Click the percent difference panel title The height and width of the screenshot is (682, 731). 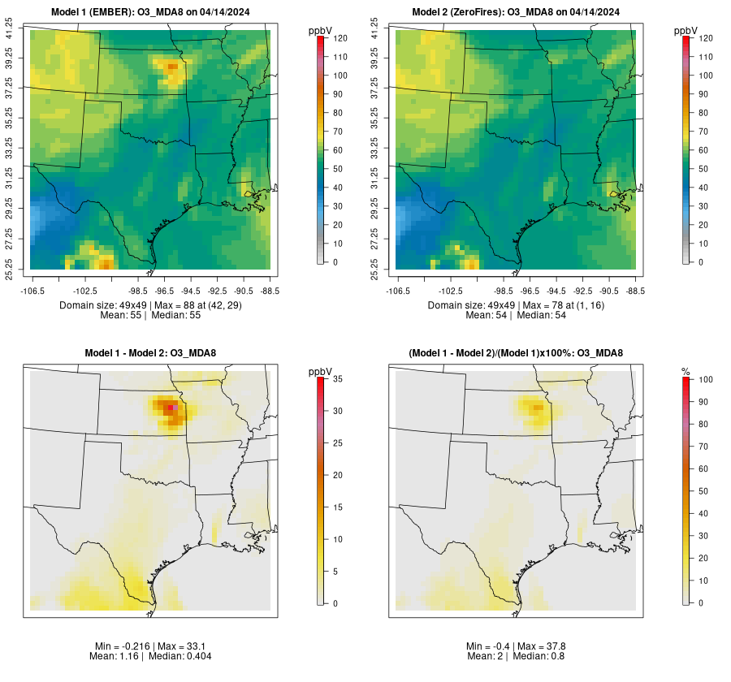pyautogui.click(x=516, y=352)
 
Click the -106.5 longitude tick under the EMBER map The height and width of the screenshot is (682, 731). pyautogui.click(x=31, y=290)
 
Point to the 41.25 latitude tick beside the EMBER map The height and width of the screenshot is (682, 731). pyautogui.click(x=10, y=31)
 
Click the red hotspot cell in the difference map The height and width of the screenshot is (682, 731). pyautogui.click(x=170, y=408)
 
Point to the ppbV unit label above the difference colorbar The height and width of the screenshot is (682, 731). pyautogui.click(x=321, y=371)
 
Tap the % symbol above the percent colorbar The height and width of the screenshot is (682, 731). pyautogui.click(x=686, y=371)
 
